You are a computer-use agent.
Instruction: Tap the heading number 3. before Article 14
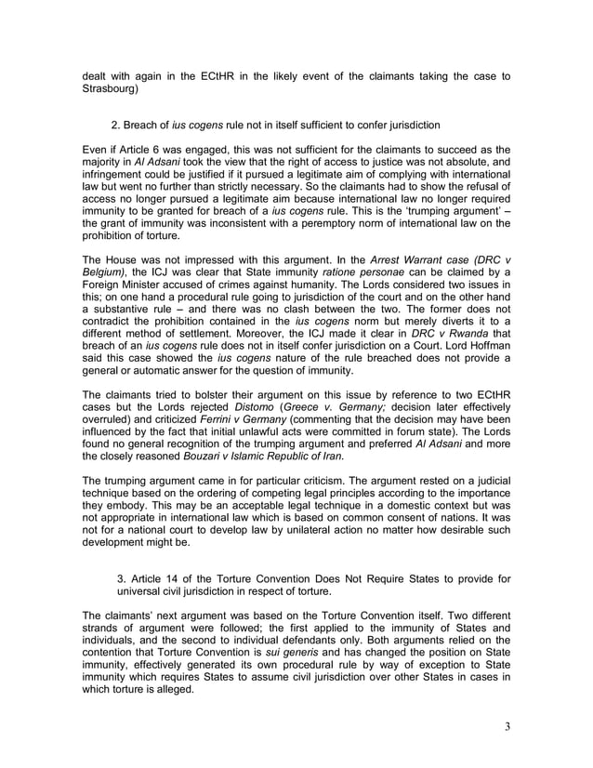[122, 579]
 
